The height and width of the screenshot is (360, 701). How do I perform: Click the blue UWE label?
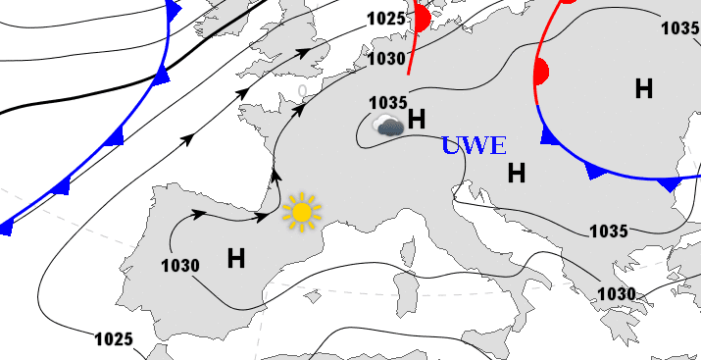(x=474, y=146)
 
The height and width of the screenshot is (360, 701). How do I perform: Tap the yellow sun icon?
(x=302, y=212)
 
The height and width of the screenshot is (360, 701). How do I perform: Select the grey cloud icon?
(x=388, y=125)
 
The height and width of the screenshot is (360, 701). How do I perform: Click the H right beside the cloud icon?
(x=417, y=120)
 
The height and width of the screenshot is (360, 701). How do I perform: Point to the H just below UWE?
(x=517, y=174)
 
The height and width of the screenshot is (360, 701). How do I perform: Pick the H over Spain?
(x=236, y=259)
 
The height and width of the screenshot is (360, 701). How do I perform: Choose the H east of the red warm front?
(x=644, y=88)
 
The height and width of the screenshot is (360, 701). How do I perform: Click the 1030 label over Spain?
(x=180, y=265)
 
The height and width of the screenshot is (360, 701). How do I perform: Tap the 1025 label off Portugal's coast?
(x=114, y=339)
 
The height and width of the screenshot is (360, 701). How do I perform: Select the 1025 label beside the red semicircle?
(x=385, y=19)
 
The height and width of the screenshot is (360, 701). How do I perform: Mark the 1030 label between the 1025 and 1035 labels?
(x=386, y=59)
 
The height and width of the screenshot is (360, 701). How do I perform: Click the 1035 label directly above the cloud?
(x=388, y=102)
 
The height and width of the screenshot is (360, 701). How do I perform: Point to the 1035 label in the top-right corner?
(x=680, y=27)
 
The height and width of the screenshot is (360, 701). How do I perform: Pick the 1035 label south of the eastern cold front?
(x=609, y=231)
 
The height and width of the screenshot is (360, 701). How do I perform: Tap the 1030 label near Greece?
(x=617, y=293)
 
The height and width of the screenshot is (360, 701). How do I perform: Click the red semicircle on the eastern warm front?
(x=539, y=72)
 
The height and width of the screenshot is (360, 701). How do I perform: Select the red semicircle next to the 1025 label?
(x=423, y=18)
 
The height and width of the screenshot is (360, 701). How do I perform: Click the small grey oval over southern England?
(x=303, y=91)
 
